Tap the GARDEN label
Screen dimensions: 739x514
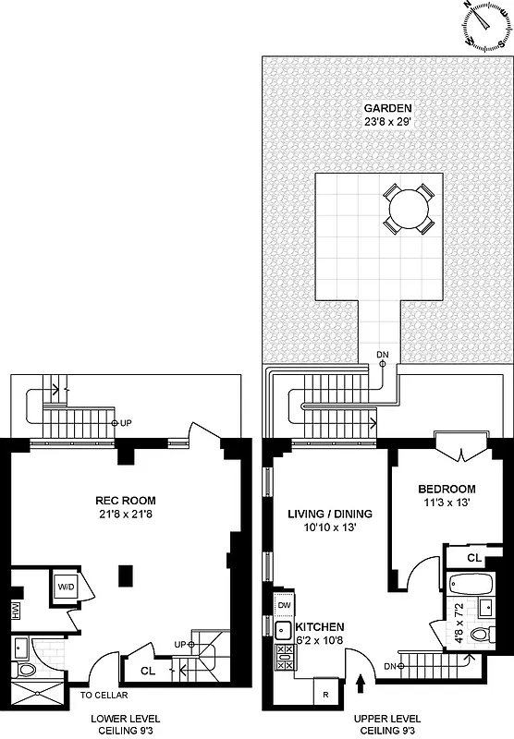[386, 108]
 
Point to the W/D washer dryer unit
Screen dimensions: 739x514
[67, 586]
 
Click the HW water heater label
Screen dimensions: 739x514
[15, 611]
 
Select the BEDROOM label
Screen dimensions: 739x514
[447, 489]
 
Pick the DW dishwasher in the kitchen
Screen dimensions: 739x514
[283, 605]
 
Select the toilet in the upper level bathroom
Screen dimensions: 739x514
[477, 633]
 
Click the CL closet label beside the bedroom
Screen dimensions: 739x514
[473, 557]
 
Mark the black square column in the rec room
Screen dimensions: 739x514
[124, 576]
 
